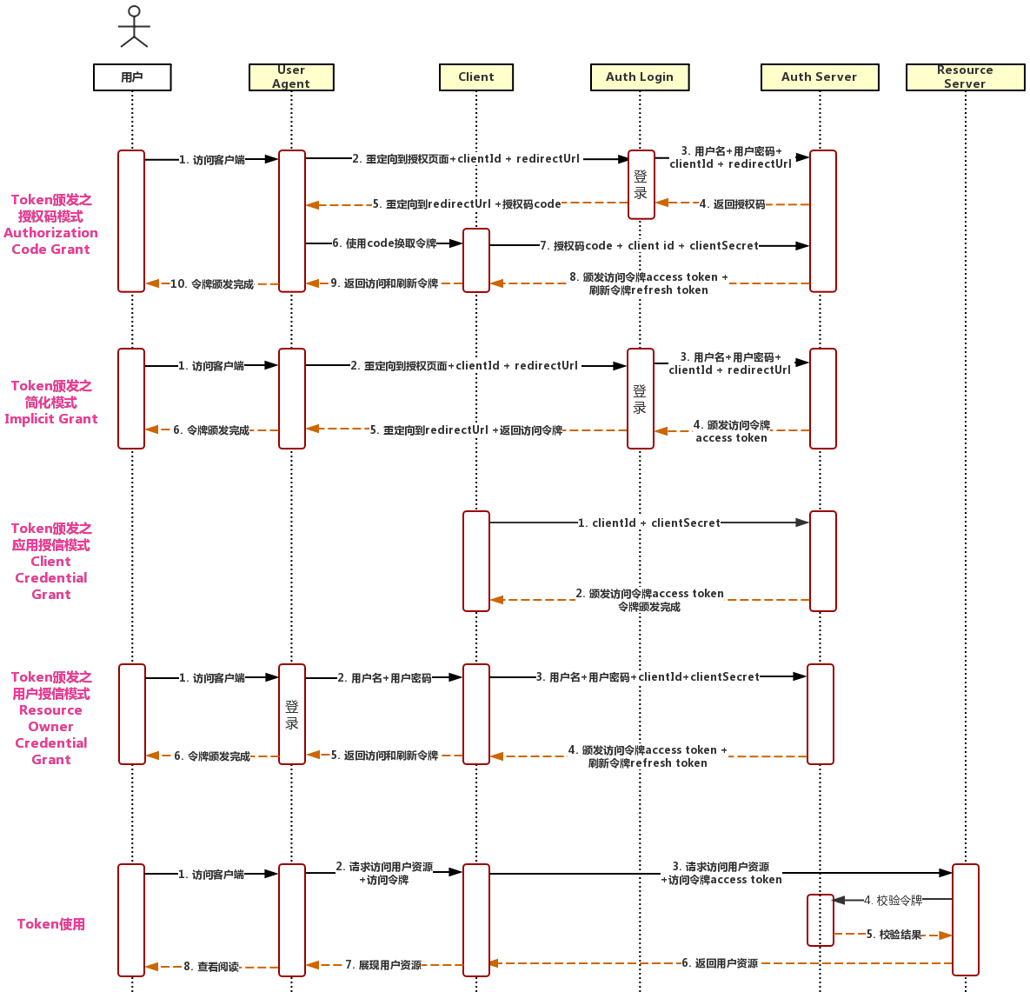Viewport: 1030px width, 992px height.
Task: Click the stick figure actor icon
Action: pos(134,27)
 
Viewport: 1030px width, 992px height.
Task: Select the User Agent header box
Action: pos(291,77)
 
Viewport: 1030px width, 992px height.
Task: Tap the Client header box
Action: pos(476,77)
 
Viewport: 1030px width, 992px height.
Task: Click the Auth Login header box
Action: pos(640,77)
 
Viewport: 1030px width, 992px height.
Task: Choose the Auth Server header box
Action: pos(819,77)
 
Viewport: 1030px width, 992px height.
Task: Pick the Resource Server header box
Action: pos(965,77)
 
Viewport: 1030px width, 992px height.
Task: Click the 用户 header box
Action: pos(132,77)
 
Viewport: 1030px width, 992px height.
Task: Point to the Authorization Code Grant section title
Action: pos(51,224)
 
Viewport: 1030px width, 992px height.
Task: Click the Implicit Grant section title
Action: pos(51,403)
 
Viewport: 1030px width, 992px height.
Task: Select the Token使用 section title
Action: pos(51,924)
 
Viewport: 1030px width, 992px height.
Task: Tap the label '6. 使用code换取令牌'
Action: pos(384,243)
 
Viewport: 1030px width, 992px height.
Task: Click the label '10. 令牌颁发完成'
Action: pos(212,284)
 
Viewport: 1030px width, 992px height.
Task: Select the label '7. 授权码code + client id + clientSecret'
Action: pos(649,246)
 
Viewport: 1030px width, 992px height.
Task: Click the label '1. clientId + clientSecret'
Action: pos(649,523)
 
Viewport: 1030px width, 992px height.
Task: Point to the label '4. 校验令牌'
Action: pos(893,901)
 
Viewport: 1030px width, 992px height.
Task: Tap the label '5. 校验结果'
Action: pos(894,935)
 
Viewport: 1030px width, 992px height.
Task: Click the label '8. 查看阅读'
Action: pos(211,967)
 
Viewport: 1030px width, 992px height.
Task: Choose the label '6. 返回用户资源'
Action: pos(720,963)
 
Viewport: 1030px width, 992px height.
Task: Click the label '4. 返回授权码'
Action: pos(733,204)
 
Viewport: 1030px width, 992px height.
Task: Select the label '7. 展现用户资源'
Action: pos(383,965)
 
